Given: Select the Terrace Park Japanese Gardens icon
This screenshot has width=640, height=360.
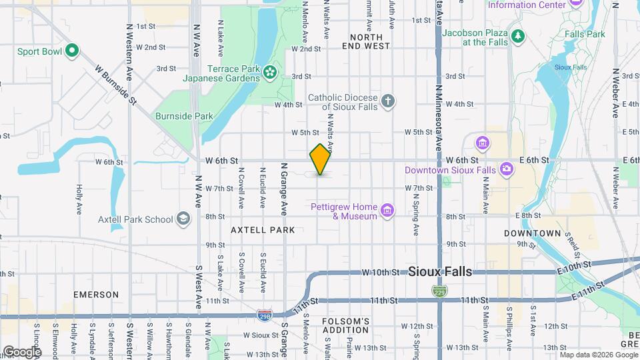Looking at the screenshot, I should pyautogui.click(x=270, y=72).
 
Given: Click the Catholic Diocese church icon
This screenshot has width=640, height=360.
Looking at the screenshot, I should pyautogui.click(x=388, y=101).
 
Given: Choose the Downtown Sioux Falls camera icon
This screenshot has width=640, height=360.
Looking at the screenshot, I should pyautogui.click(x=506, y=169).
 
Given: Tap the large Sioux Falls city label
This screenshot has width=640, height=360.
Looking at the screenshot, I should pyautogui.click(x=439, y=271).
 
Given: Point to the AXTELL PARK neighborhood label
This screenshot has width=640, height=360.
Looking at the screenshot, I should pyautogui.click(x=263, y=230).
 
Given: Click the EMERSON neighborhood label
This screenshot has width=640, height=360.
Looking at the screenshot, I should pyautogui.click(x=96, y=294).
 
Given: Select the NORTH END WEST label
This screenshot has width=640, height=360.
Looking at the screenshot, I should pyautogui.click(x=366, y=41).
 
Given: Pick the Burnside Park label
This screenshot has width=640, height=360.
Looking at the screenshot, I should pyautogui.click(x=184, y=116).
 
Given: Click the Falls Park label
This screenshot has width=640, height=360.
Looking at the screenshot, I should pyautogui.click(x=584, y=33).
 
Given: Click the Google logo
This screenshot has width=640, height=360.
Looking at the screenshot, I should pyautogui.click(x=22, y=351).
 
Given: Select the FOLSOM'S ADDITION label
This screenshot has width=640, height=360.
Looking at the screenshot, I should pyautogui.click(x=345, y=325).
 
